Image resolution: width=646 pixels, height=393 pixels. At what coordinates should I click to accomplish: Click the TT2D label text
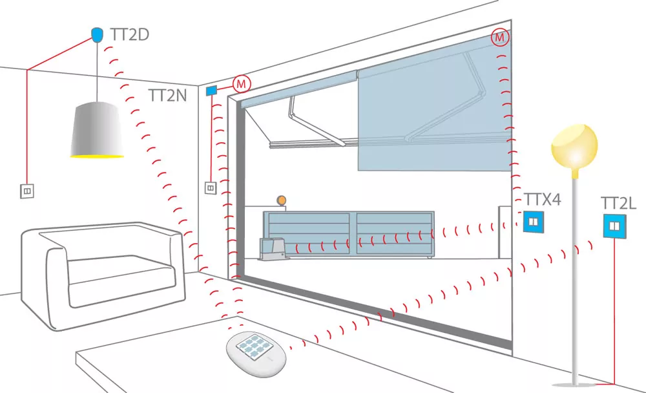click(130, 35)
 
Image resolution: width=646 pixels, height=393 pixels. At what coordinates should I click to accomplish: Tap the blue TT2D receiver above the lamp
click(97, 35)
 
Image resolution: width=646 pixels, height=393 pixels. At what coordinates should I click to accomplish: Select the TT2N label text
click(168, 96)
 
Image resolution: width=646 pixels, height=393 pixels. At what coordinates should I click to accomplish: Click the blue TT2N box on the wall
click(211, 90)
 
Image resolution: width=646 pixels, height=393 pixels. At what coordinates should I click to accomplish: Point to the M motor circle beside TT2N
click(242, 84)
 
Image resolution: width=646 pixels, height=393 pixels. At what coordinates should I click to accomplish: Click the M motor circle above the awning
click(500, 37)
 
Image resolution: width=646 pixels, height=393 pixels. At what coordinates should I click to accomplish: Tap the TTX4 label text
click(542, 200)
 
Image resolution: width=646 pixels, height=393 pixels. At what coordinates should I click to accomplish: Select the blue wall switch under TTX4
click(534, 222)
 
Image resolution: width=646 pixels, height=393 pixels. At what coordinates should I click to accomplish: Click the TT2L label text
click(618, 204)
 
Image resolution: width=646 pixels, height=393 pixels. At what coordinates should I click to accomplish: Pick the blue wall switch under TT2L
click(614, 226)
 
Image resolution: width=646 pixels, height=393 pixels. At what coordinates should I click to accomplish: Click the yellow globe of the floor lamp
click(574, 147)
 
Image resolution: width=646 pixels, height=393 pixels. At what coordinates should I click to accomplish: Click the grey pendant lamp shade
click(97, 130)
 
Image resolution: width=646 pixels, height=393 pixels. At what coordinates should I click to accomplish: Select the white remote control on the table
click(256, 354)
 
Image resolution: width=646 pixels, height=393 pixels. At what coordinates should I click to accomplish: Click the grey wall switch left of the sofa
click(27, 191)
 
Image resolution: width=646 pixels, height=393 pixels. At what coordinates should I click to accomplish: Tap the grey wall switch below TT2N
click(211, 188)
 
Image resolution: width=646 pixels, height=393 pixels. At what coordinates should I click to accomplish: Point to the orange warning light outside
click(282, 200)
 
